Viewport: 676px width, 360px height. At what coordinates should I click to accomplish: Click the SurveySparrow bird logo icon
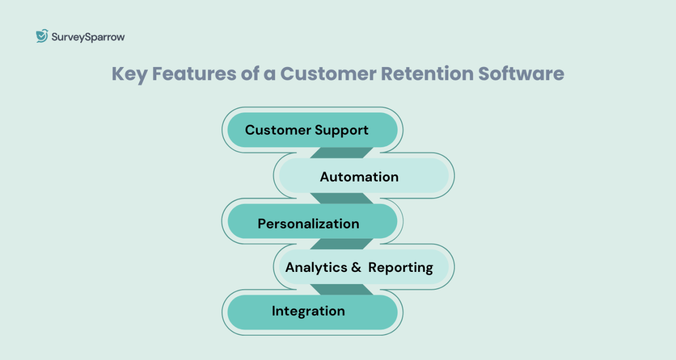(42, 36)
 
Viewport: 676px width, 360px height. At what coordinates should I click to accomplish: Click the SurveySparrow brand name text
(88, 37)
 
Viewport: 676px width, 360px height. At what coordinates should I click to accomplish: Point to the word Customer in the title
(328, 74)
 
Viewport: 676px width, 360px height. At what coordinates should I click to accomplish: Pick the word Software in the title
(521, 74)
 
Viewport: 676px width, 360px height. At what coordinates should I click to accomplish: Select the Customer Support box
(312, 130)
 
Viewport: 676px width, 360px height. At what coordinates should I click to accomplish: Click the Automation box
(364, 176)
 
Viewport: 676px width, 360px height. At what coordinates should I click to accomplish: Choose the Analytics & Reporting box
(364, 267)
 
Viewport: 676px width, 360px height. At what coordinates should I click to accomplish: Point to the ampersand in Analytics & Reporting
(356, 268)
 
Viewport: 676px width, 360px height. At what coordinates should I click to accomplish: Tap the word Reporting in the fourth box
(400, 268)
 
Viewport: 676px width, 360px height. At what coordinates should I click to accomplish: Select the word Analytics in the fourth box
(316, 268)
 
